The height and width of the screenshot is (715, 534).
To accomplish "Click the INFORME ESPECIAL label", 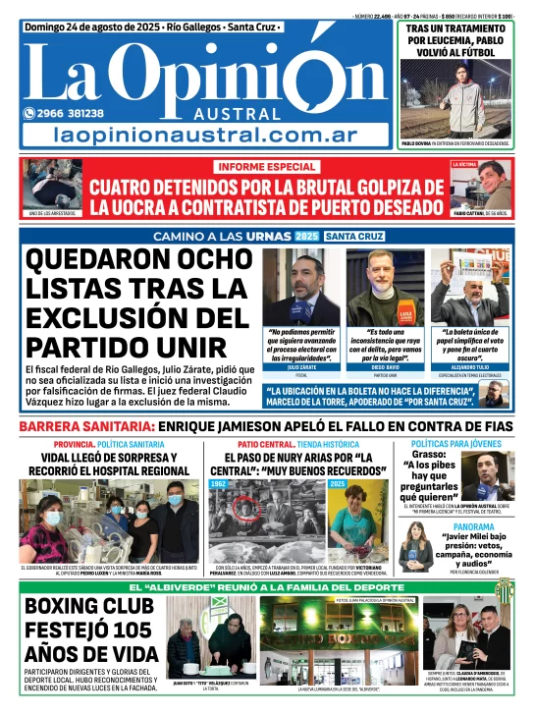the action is (x=267, y=167).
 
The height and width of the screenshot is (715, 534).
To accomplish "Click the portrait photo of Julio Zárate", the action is (x=300, y=288).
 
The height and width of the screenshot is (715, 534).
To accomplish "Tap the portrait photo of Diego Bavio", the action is (x=385, y=288).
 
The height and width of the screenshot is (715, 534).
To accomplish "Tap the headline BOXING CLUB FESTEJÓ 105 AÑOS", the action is (x=90, y=630).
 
